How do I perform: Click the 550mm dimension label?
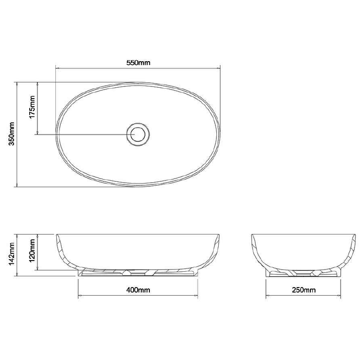click(x=138, y=63)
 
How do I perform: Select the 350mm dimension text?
click(x=12, y=134)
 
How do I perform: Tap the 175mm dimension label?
click(x=32, y=108)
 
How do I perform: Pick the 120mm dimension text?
click(x=32, y=252)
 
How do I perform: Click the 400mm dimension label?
click(x=138, y=290)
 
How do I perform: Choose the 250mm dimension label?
click(x=304, y=290)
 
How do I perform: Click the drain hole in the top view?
click(x=138, y=134)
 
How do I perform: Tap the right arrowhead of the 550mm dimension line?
click(x=219, y=68)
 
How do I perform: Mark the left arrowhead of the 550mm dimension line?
click(x=57, y=68)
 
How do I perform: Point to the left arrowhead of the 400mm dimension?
click(x=80, y=296)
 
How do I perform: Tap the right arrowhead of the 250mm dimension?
click(x=341, y=296)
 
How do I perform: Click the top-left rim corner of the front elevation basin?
click(x=56, y=235)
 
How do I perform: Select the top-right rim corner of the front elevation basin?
click(x=220, y=235)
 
